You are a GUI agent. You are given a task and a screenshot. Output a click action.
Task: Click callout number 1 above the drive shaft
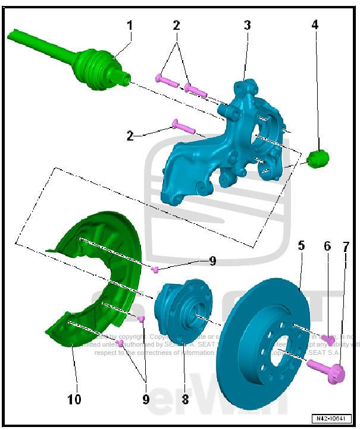point(129,26)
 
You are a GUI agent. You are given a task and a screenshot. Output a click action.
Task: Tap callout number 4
point(315,26)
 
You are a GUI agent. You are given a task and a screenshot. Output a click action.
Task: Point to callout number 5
point(301,245)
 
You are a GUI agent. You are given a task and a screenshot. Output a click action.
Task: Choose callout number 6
point(327,245)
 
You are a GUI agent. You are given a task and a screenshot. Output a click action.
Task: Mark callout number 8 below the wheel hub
point(185,399)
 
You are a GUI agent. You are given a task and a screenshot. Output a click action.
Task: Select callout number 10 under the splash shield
point(74,399)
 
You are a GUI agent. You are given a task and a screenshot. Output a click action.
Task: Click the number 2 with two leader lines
point(176,26)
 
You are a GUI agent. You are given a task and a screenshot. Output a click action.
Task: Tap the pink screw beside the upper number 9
point(155,270)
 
